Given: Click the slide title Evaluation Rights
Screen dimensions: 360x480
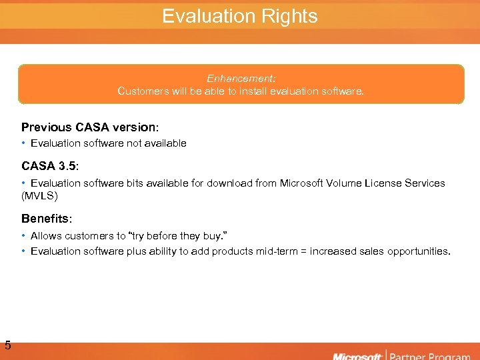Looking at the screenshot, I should click(240, 16).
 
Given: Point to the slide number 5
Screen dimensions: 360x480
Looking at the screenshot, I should click(7, 345).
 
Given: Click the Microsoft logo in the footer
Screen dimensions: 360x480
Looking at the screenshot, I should click(357, 355).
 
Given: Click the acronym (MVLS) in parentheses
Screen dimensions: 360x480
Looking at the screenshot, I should click(40, 196).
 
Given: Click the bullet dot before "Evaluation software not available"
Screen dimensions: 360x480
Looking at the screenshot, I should click(24, 143).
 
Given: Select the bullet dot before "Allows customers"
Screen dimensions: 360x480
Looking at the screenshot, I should click(24, 235).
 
